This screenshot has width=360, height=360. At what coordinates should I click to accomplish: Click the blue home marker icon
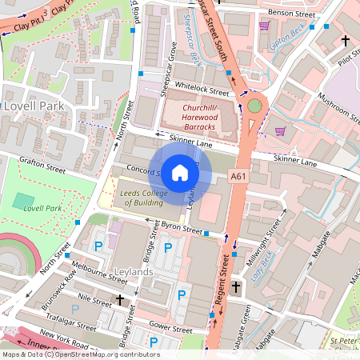click(x=180, y=172)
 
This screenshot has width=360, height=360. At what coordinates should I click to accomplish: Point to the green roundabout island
click(x=254, y=105)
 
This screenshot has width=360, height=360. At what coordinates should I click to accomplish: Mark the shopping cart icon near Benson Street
click(x=264, y=26)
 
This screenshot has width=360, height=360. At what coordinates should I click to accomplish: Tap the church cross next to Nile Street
click(x=120, y=299)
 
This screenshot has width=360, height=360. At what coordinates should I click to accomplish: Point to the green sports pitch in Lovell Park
click(x=24, y=199)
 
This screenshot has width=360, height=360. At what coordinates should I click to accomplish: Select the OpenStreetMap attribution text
click(x=80, y=354)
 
